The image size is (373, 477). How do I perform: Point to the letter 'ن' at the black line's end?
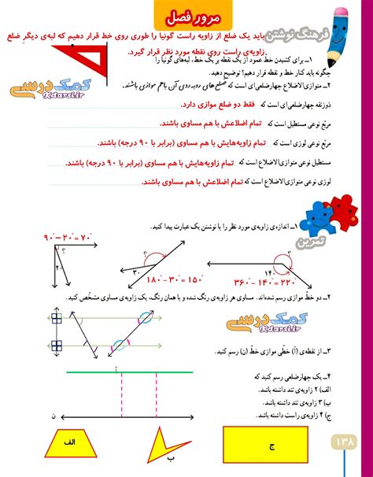pyautogui.click(x=53, y=416)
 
